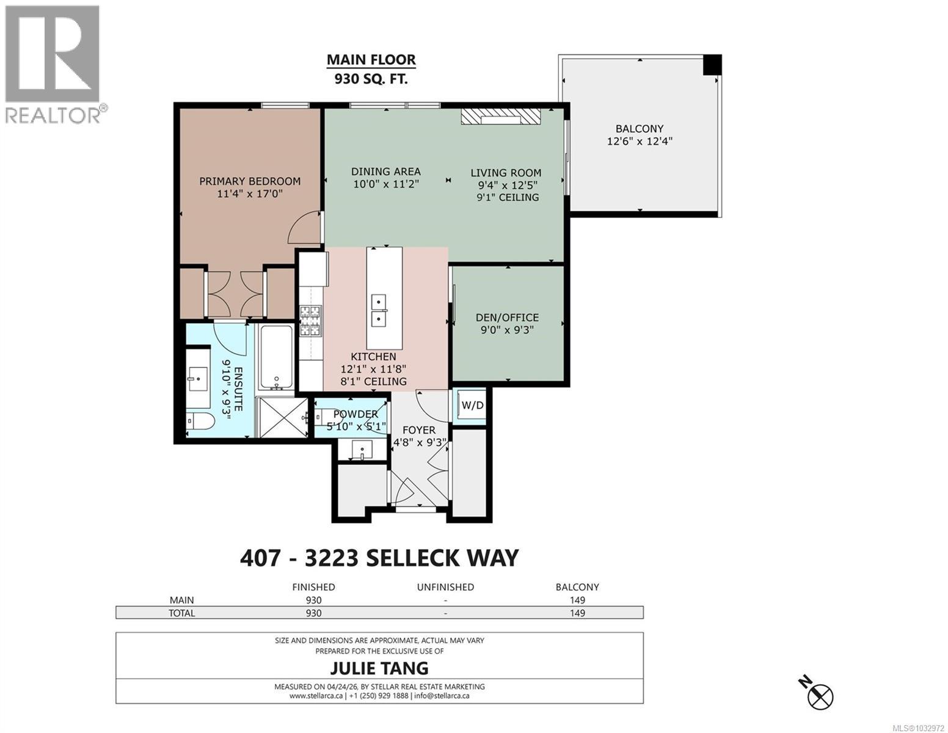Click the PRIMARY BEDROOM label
coord(250,181)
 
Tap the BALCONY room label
coord(639,129)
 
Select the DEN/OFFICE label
coord(507,318)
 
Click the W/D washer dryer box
coord(472,406)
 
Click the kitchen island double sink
coord(379,310)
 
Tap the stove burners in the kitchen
coord(310,321)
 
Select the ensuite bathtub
coord(277,357)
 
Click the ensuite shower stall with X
coord(282,417)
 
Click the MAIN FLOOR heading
coord(371,60)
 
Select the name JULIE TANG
coord(379,668)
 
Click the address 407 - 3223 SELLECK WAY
coord(379,558)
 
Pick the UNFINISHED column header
coord(445,587)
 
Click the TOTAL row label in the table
coord(182,613)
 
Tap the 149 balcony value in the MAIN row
coord(577,600)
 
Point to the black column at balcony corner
coord(712,64)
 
